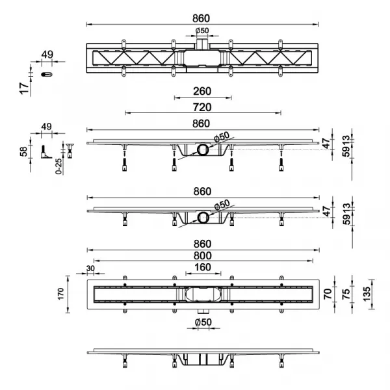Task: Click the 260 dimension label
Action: click(x=202, y=91)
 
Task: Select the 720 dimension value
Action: click(x=202, y=107)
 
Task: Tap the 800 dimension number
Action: click(x=202, y=255)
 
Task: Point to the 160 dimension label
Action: click(x=203, y=267)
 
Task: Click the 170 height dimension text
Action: click(x=60, y=294)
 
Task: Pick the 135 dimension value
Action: click(x=367, y=294)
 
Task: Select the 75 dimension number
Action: click(x=346, y=294)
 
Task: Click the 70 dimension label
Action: click(x=328, y=294)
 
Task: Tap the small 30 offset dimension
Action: click(x=90, y=268)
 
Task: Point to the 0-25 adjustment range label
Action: click(x=58, y=166)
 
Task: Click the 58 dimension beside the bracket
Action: click(x=23, y=151)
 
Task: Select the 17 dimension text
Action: click(x=24, y=88)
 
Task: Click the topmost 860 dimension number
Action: click(x=201, y=18)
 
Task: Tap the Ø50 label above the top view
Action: click(x=202, y=31)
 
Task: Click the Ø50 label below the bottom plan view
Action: click(x=203, y=322)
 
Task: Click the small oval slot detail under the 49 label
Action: click(x=47, y=74)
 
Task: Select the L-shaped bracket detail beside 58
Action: click(x=45, y=152)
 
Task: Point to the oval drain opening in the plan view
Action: click(x=203, y=294)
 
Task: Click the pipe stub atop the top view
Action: click(x=201, y=44)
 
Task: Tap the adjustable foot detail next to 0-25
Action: click(x=70, y=151)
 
